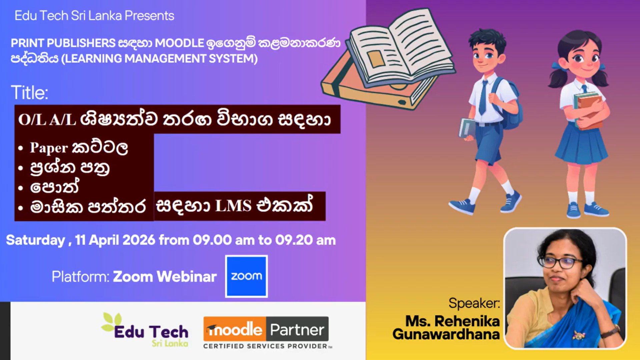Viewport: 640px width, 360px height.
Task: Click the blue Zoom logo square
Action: (246, 276)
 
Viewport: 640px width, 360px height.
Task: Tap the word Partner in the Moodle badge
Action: (297, 330)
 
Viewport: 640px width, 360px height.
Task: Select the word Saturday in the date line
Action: (35, 240)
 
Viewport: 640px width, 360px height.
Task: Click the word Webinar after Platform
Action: (186, 277)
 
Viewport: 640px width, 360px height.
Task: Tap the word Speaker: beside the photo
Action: (474, 303)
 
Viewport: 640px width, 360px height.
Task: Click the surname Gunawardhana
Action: (446, 334)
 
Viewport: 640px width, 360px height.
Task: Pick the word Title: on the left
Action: (29, 92)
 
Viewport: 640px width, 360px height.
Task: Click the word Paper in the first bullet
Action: (49, 148)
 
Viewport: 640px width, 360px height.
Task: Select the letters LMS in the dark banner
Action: (233, 206)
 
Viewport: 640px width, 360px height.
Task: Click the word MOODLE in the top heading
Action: (179, 43)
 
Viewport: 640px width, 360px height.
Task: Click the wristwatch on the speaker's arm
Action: (610, 332)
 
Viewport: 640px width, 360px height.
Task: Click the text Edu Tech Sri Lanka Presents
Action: (94, 16)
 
